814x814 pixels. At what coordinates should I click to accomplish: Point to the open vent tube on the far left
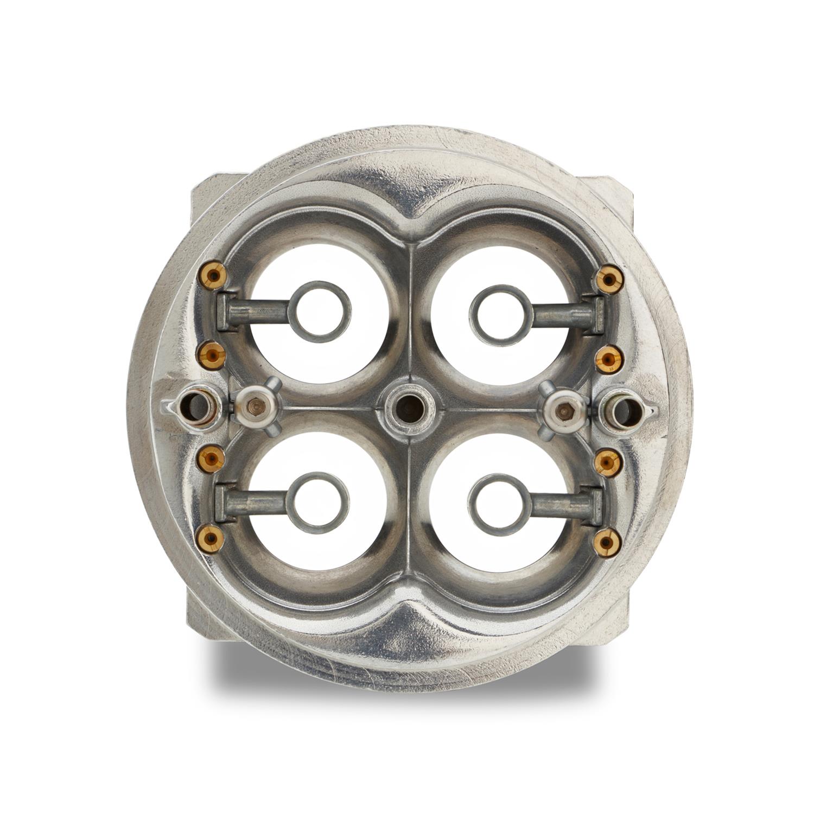click(194, 406)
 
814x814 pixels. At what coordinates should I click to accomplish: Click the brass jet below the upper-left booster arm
click(212, 355)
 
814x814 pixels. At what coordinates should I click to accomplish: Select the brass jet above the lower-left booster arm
click(212, 460)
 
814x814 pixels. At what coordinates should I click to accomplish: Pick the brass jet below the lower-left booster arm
click(211, 538)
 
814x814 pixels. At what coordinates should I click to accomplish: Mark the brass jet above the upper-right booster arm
click(608, 279)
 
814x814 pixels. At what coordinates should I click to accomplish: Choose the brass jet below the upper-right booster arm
click(609, 359)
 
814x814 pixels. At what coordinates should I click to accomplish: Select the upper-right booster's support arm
click(564, 315)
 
